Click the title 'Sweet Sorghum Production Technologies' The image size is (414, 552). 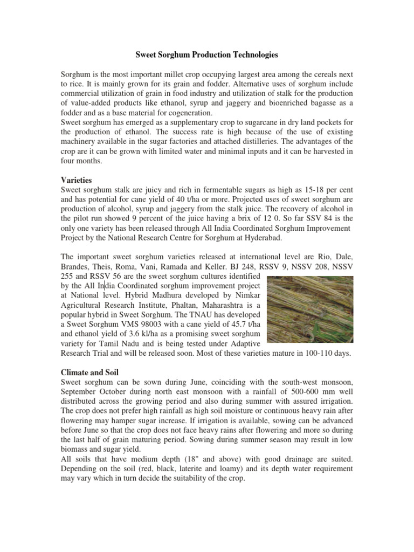click(206, 55)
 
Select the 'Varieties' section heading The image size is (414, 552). click(77, 179)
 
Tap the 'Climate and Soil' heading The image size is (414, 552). click(91, 372)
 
